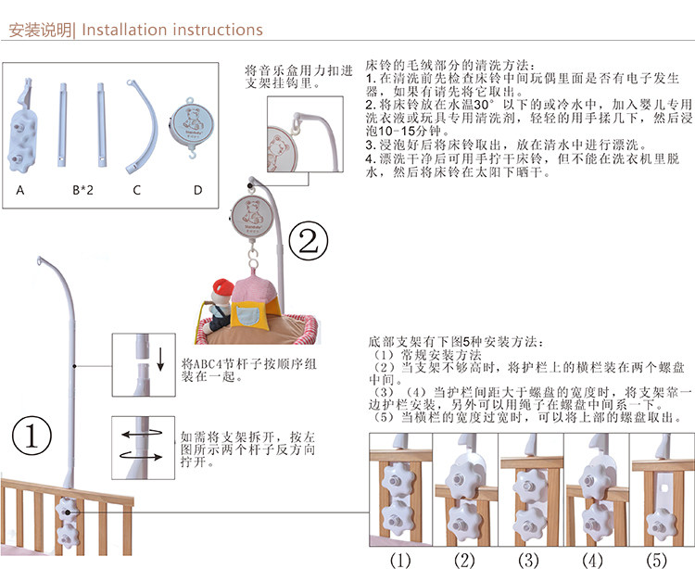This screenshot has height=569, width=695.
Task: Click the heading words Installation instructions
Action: tap(172, 30)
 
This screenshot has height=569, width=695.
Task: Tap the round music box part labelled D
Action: tap(196, 121)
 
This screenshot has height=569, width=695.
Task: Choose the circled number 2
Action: tap(310, 243)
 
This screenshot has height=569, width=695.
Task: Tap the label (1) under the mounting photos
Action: tap(399, 559)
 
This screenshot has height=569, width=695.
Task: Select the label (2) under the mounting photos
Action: tap(464, 559)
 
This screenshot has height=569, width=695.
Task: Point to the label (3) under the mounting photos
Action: tap(528, 559)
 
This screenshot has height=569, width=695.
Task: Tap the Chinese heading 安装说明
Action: tap(38, 30)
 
